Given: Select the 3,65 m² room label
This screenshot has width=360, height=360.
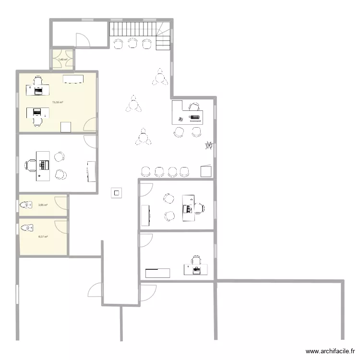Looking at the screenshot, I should click(43, 205).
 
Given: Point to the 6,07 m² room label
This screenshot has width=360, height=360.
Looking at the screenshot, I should click(43, 237).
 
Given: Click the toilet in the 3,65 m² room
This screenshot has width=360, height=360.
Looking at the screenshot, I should click(24, 205).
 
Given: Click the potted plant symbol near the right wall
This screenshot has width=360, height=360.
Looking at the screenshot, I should click(209, 145).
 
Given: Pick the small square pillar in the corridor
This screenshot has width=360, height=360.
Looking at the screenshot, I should click(117, 193).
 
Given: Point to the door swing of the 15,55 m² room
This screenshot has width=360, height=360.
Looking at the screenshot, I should click(89, 125).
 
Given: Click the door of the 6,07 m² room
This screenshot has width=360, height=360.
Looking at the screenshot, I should click(61, 227).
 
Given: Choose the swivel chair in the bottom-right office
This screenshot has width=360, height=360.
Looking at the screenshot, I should click(196, 261).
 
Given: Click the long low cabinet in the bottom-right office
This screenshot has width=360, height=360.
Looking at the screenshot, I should click(157, 273).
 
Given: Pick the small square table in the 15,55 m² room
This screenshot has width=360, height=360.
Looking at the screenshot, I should click(66, 127).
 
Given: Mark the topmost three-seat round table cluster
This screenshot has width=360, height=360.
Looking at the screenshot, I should click(160, 77).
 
